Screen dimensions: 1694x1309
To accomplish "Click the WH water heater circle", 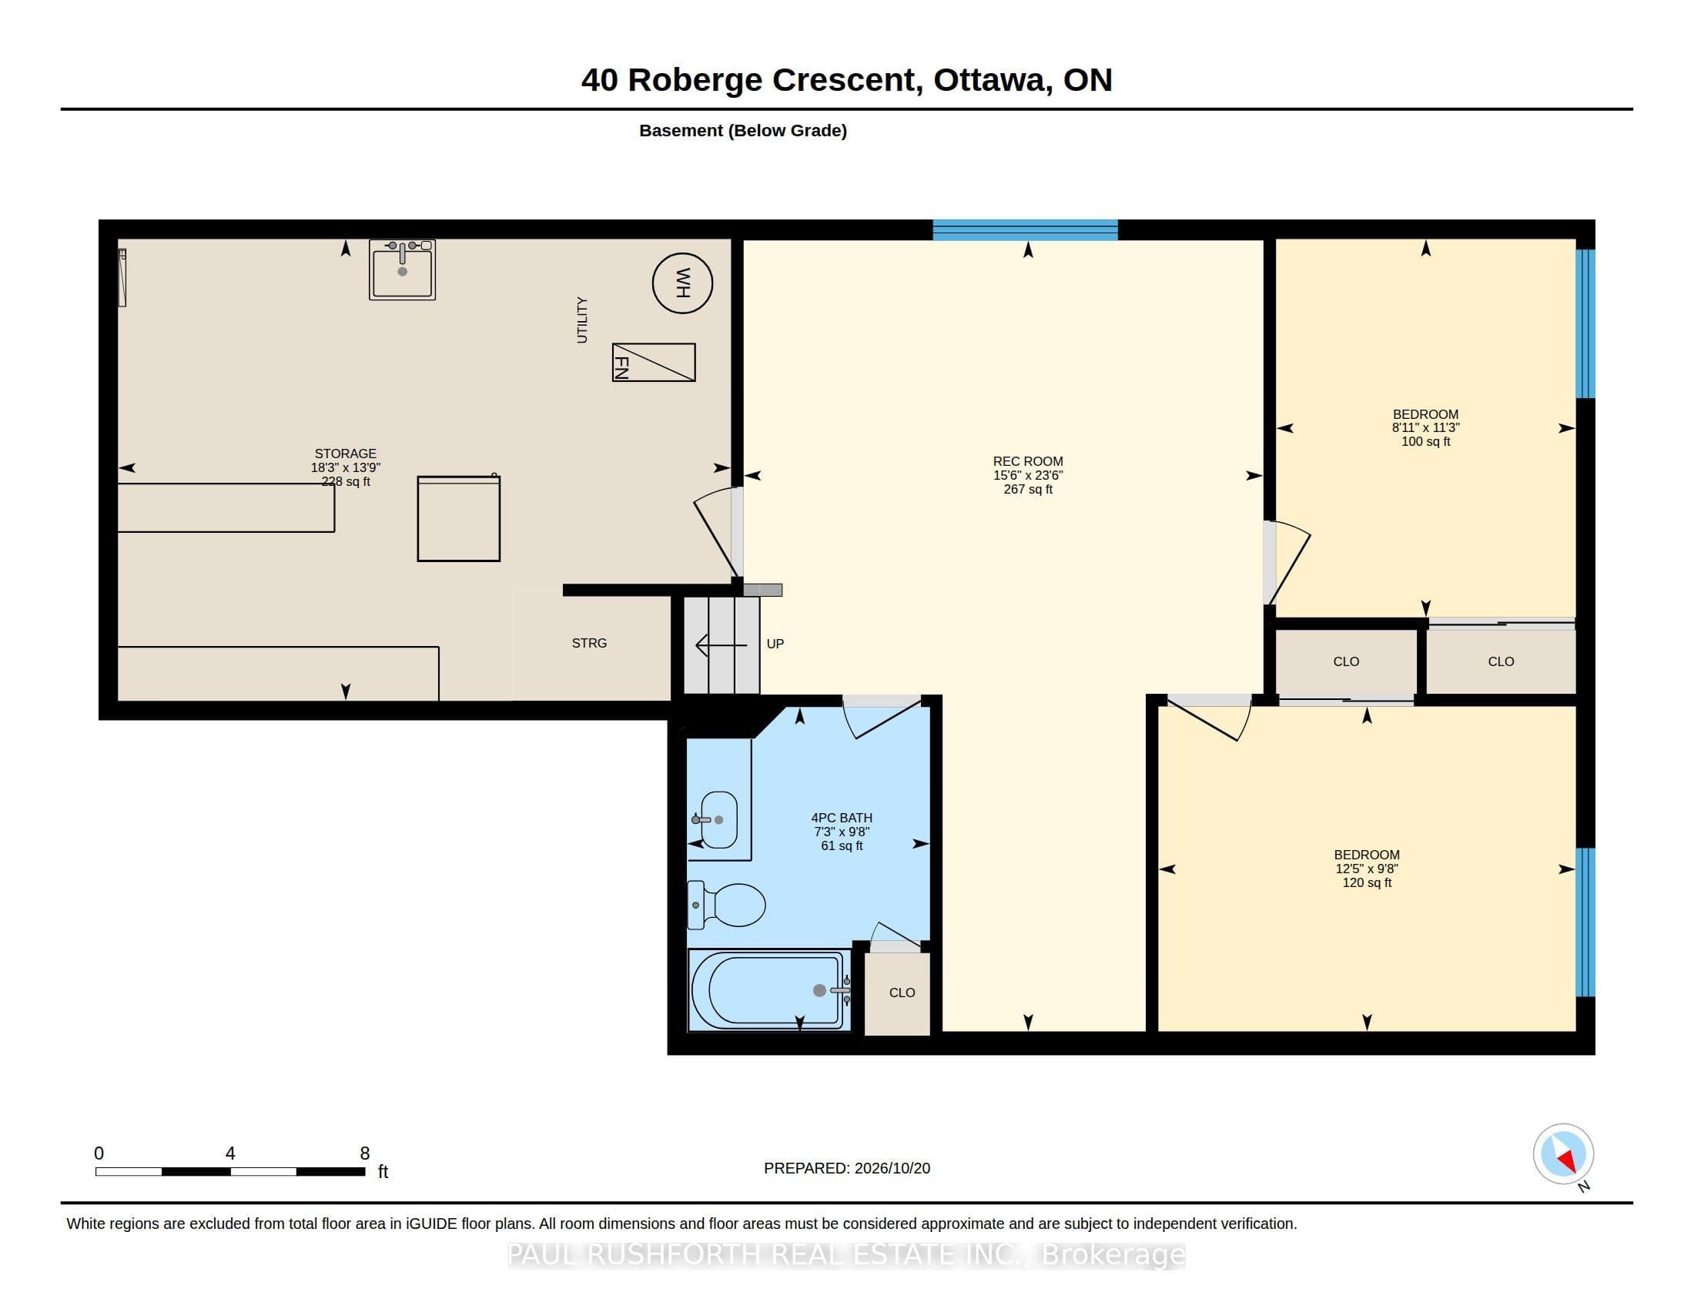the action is coord(682,283).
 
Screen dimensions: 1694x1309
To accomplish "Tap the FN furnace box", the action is coord(654,362).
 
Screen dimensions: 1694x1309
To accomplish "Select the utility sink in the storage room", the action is coord(402,269).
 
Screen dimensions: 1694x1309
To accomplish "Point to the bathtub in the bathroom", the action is coord(769,990).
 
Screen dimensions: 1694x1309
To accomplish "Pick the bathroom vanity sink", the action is coord(718,820).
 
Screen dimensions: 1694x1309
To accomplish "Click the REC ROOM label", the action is coord(1028,461).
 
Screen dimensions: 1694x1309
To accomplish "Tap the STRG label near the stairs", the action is coord(590,643).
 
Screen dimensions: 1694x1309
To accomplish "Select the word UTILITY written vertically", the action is coord(581,320).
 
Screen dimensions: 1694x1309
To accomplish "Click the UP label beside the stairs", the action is coord(775,644).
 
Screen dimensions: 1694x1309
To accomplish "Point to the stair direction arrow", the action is coord(721,645).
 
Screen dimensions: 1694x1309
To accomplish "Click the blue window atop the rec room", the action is coord(1025,230).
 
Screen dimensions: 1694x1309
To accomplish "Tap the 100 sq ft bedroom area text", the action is coord(1425,441).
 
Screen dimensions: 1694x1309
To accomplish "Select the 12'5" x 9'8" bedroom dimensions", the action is coord(1367,869).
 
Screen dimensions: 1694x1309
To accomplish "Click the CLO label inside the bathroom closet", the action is coord(902,993).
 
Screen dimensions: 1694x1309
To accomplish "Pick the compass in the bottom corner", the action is coord(1563,1153).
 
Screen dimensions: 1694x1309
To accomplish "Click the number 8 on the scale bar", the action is coord(364,1153).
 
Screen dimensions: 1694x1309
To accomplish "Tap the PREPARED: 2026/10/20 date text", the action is coord(847,1168).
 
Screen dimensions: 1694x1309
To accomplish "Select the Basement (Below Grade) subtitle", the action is coord(743,131).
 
